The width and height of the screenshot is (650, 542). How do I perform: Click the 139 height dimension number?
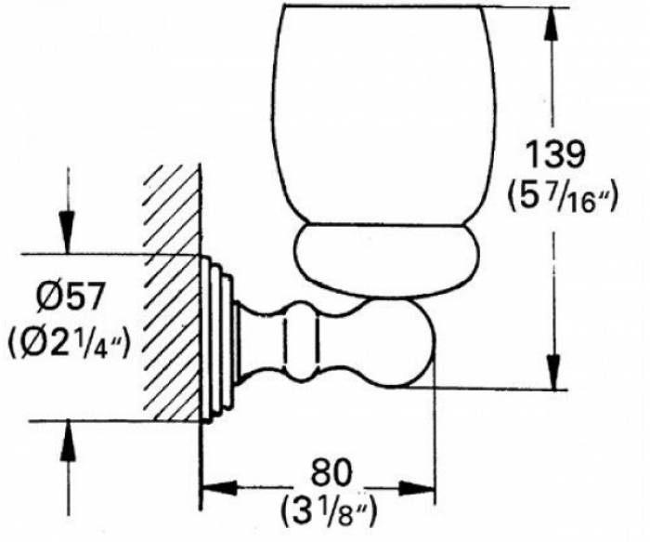tap(554, 154)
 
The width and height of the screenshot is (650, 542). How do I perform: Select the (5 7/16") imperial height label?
tap(563, 199)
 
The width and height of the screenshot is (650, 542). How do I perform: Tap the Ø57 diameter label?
tap(69, 297)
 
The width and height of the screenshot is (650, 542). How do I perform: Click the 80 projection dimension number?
tap(331, 472)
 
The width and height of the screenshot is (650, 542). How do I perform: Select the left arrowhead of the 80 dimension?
tap(219, 489)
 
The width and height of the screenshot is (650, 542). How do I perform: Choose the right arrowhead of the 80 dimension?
tap(417, 489)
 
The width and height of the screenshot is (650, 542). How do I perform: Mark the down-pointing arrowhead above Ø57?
tap(67, 232)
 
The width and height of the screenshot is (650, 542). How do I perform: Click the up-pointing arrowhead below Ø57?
tap(69, 440)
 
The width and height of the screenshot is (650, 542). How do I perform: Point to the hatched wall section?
tap(171, 294)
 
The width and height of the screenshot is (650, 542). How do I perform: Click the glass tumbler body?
tap(383, 117)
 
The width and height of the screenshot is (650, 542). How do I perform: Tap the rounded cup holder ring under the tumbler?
tap(387, 261)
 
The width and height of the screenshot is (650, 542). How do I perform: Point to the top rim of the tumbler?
tap(383, 7)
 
